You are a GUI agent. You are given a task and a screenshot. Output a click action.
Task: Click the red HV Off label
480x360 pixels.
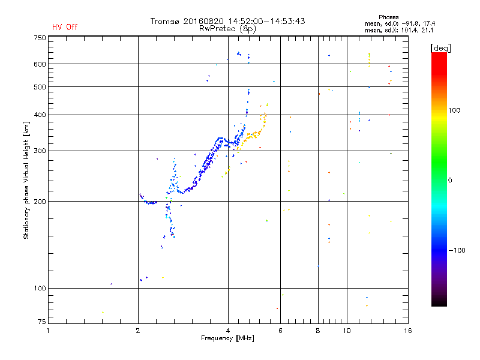[x=64, y=27]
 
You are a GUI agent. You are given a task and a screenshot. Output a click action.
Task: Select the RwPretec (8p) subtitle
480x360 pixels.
[x=227, y=28]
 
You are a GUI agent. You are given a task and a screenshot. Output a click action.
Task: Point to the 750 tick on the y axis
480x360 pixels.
[x=40, y=38]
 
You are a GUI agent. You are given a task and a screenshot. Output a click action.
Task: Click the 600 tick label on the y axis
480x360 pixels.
[x=40, y=64]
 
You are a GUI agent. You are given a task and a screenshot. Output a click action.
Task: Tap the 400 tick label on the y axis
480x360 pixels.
[x=40, y=115]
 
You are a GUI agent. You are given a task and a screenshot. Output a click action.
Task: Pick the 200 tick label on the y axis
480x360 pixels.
[x=40, y=202]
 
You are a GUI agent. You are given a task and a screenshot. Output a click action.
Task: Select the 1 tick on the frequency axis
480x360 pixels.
[x=48, y=330]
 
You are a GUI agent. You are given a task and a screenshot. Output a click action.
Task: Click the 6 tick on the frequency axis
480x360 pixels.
[x=280, y=330]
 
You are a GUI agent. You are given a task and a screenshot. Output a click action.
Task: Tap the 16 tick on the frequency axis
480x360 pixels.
[x=408, y=330]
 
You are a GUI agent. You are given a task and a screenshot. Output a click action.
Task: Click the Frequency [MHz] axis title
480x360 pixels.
[x=227, y=338]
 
